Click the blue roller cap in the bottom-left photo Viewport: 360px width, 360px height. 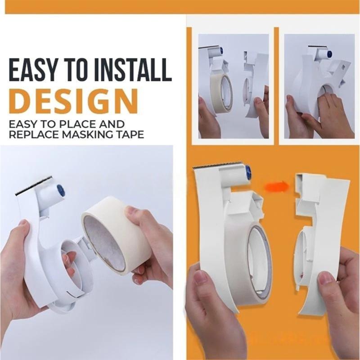(61, 190)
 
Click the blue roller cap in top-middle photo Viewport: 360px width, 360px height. (222, 51)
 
